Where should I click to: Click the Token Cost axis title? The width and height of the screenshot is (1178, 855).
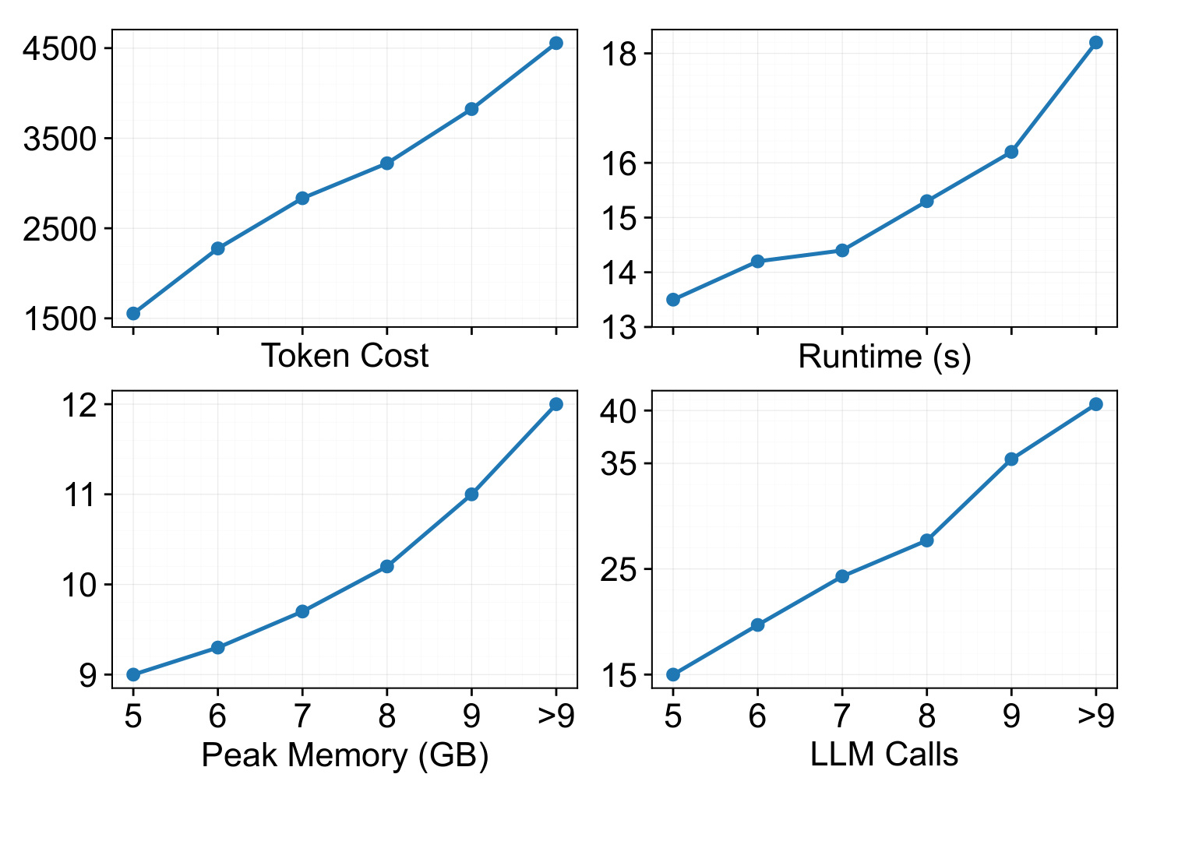click(345, 356)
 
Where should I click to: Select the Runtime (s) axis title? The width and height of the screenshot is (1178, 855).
click(884, 357)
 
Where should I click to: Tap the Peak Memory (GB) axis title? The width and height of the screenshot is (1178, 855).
click(345, 756)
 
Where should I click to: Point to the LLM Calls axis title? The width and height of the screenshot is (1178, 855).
click(884, 755)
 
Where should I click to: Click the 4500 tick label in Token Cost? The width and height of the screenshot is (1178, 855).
click(60, 49)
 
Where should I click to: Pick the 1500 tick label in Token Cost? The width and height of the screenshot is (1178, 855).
click(60, 319)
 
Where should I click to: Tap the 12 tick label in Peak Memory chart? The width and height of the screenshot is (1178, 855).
click(79, 405)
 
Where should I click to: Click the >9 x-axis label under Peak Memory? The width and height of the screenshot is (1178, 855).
click(556, 716)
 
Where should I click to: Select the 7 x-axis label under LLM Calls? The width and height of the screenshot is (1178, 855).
click(842, 716)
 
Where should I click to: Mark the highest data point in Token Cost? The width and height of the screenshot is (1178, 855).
click(555, 43)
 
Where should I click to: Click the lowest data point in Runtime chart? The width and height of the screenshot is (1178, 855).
click(673, 300)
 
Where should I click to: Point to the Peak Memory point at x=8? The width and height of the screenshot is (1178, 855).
click(387, 567)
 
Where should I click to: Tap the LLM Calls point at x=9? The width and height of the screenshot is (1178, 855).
click(1011, 459)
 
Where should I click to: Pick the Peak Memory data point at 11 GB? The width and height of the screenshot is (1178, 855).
click(471, 494)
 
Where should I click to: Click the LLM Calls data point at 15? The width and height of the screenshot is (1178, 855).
click(673, 675)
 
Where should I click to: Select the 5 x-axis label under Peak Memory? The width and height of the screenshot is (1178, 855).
click(133, 716)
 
